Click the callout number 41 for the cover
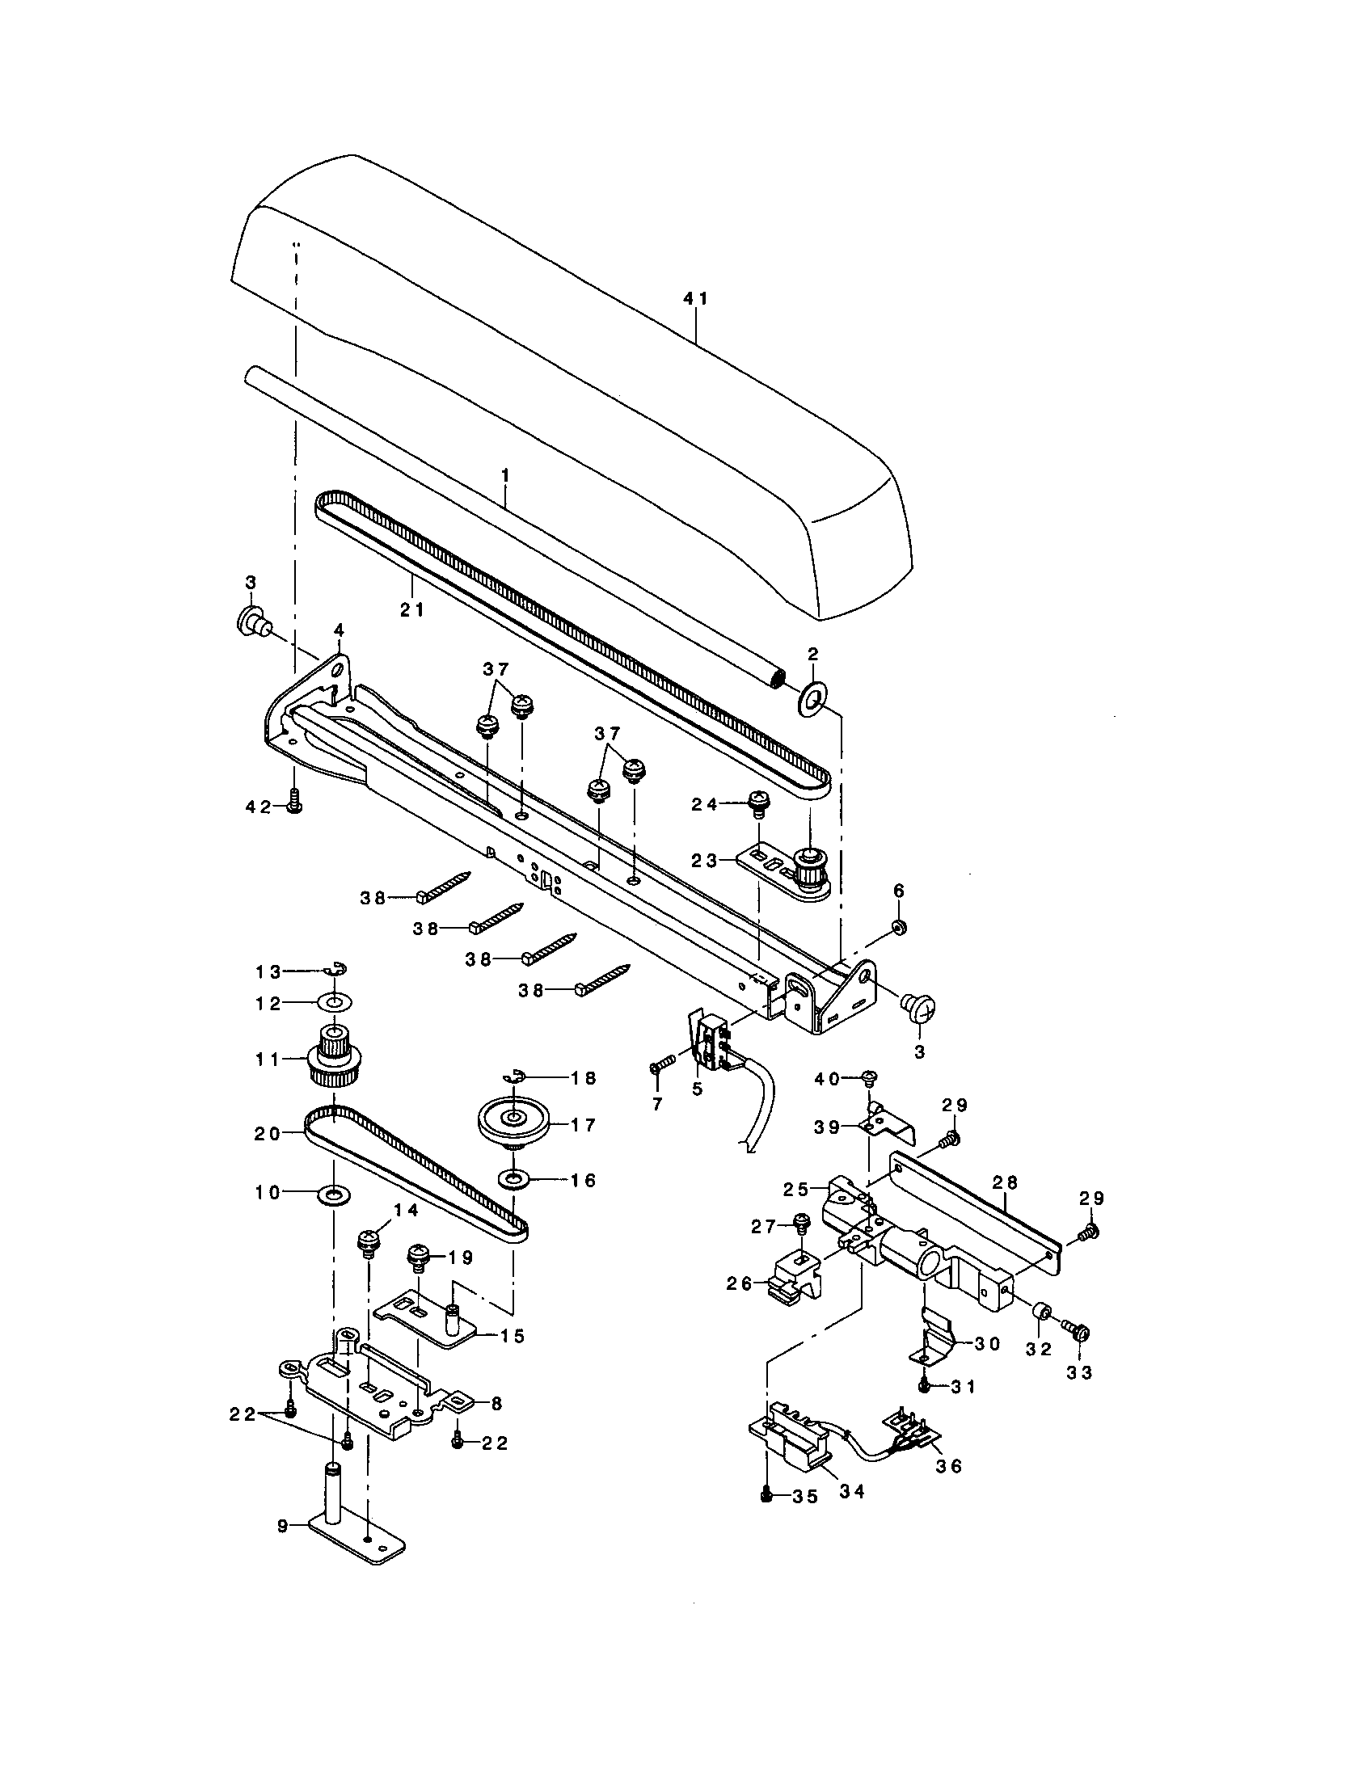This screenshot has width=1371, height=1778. click(694, 299)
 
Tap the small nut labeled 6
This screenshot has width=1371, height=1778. click(899, 927)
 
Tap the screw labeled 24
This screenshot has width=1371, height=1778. click(758, 801)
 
